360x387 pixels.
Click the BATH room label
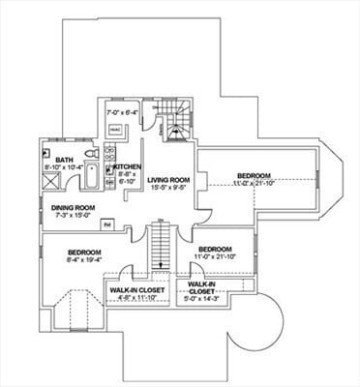[64, 160]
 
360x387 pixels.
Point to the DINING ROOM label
[74, 207]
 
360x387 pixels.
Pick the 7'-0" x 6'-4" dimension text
[122, 112]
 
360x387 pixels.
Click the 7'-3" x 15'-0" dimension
[74, 215]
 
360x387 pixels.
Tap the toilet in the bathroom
[90, 155]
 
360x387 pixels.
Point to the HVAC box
[115, 130]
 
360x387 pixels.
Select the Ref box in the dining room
[107, 224]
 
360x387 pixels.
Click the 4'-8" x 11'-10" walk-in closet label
[135, 297]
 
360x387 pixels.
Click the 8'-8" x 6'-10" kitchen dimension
[128, 177]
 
